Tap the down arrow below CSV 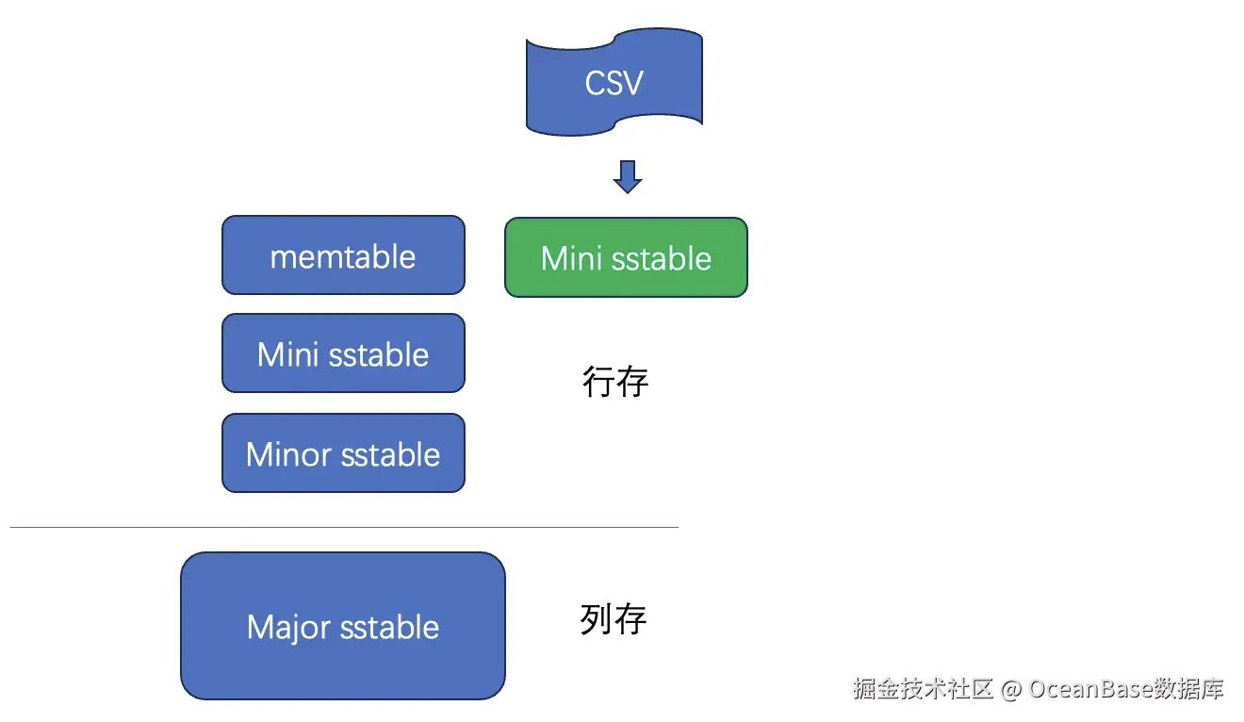tap(627, 176)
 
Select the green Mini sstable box tap(626, 257)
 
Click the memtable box tap(343, 255)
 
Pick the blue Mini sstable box tap(343, 353)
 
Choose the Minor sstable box tap(343, 453)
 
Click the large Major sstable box tap(343, 626)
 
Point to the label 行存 tap(615, 382)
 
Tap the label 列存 tap(614, 619)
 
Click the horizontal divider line tap(344, 527)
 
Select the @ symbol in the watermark tap(1011, 689)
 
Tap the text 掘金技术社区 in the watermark tap(924, 689)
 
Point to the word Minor tap(288, 454)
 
